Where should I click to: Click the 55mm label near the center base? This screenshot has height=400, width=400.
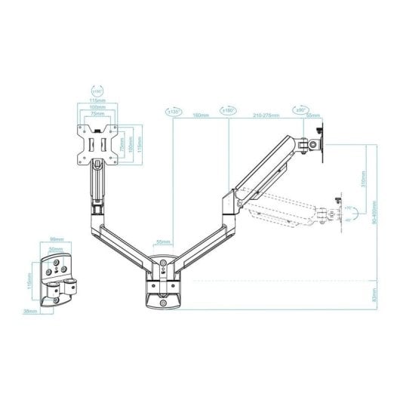(163, 242)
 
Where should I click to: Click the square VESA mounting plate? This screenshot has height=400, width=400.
(100, 143)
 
